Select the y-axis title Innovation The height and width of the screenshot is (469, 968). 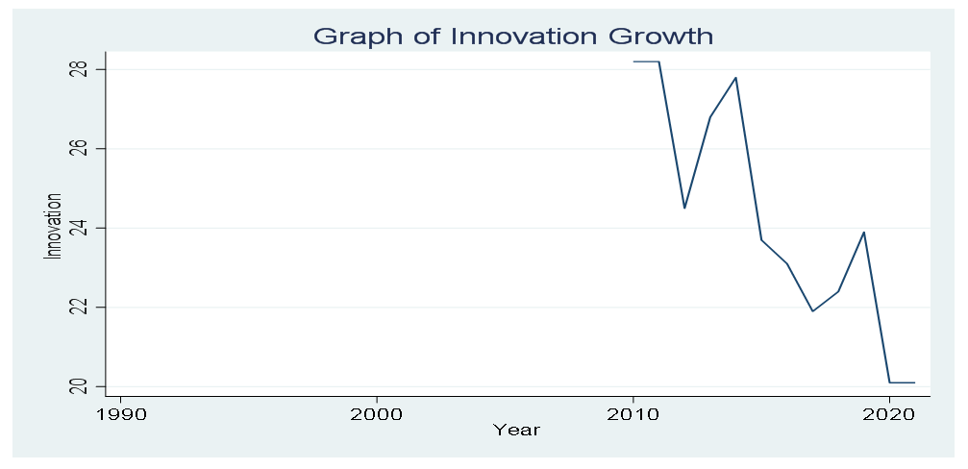click(55, 227)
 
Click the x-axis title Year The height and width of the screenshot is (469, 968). click(516, 430)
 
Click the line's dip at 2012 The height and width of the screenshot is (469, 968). click(684, 208)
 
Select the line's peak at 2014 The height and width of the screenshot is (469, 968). click(735, 78)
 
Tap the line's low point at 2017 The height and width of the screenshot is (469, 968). click(812, 310)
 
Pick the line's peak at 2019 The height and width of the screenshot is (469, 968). click(864, 232)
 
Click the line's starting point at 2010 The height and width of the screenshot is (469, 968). click(633, 62)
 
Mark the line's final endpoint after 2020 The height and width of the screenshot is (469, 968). click(914, 383)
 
